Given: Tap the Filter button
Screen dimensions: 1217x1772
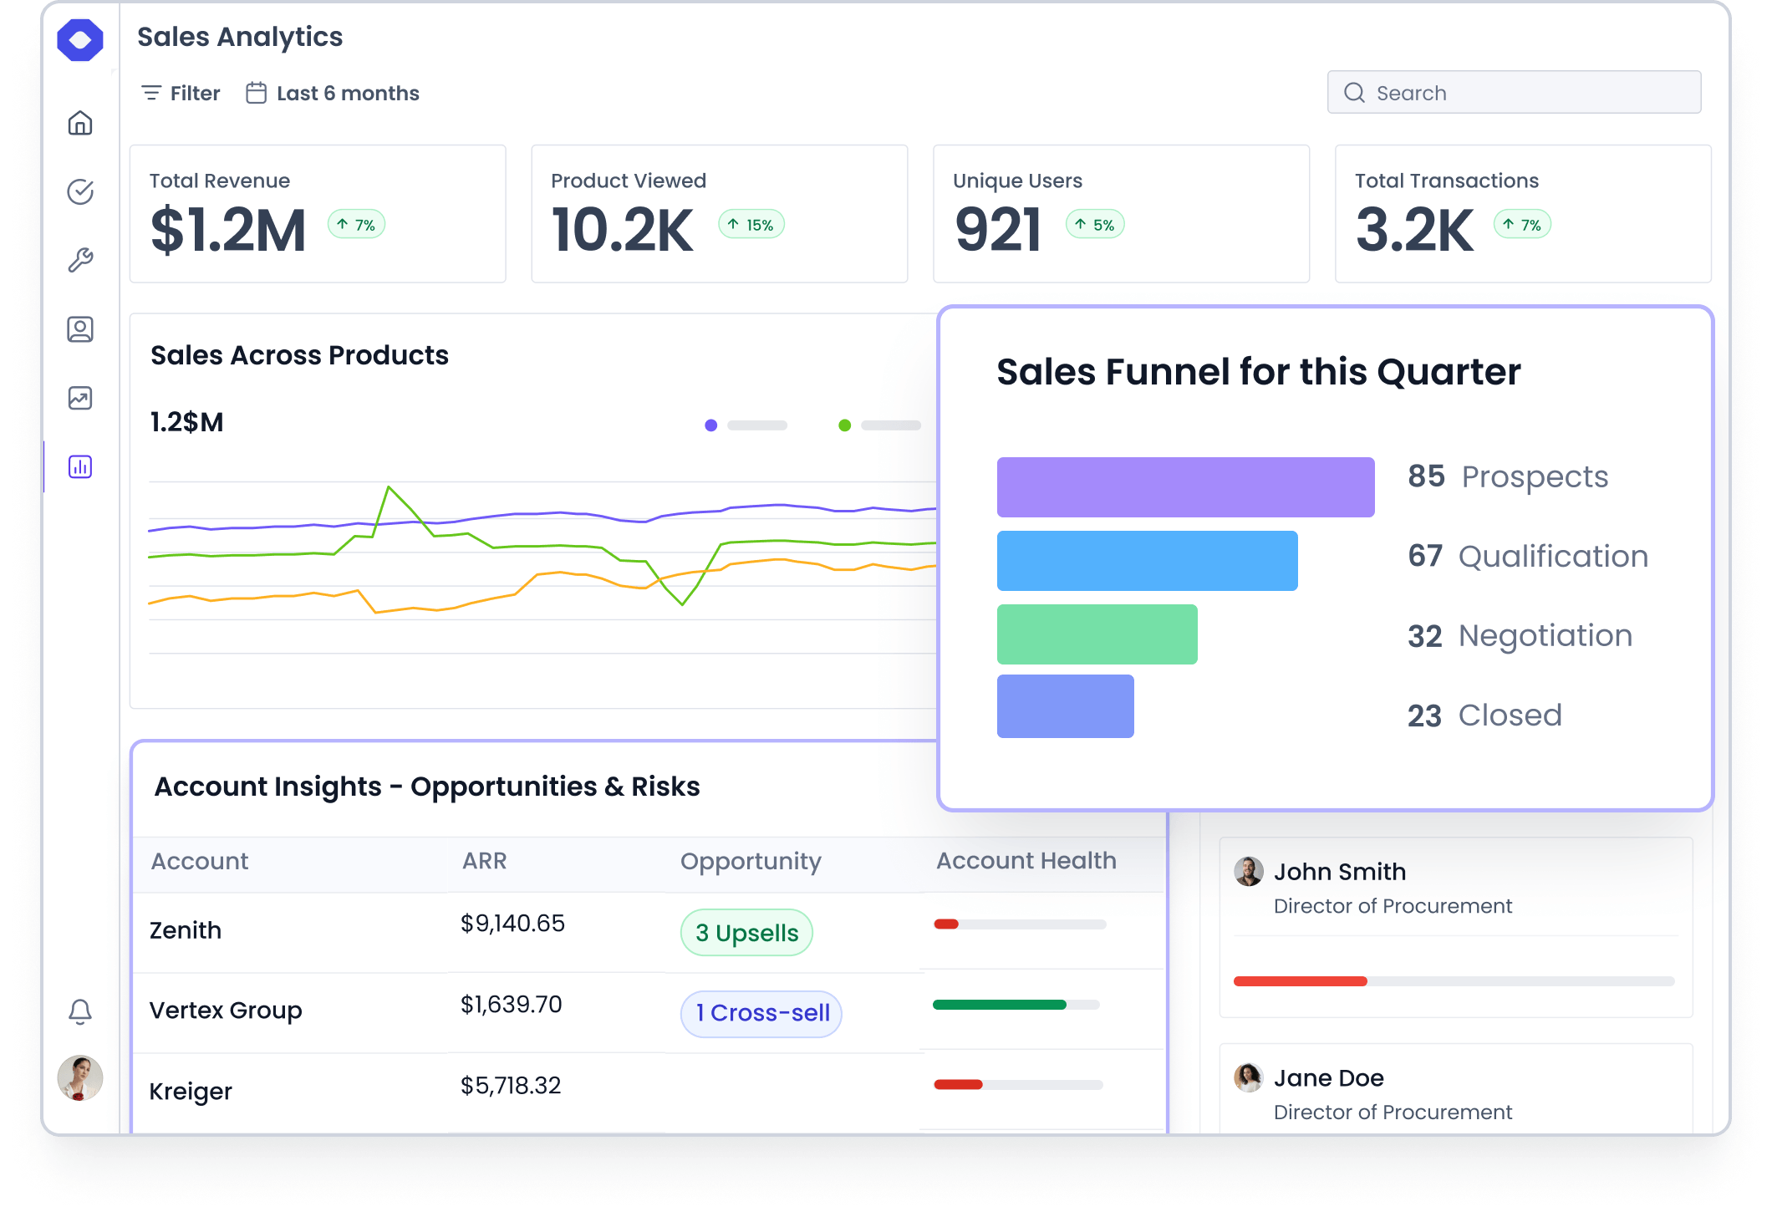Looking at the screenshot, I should pos(181,93).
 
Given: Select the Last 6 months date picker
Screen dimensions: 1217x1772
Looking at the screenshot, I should pos(333,93).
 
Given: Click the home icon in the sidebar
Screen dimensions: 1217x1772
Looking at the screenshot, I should pos(80,124).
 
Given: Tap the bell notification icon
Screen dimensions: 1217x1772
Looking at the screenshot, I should pos(80,1011).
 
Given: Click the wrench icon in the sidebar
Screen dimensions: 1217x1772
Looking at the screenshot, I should pos(80,261).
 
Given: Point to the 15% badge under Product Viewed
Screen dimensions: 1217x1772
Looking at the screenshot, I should pos(751,225).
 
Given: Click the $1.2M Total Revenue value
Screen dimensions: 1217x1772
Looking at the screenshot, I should pos(228,231).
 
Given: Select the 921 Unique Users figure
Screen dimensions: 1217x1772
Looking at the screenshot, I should pos(998,231).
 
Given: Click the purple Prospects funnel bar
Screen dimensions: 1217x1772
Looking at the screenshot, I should pos(1185,487).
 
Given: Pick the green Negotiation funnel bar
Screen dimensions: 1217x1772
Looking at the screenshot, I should pos(1097,634).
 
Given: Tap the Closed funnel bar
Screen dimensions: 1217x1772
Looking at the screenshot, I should pos(1065,706).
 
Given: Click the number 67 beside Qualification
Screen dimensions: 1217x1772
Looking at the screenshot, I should pos(1425,556).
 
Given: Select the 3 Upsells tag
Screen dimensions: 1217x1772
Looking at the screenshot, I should pos(746,933).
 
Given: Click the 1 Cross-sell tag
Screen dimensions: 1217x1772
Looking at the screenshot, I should pos(761,1013).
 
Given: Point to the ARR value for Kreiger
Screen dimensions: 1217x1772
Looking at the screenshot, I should pos(511,1086).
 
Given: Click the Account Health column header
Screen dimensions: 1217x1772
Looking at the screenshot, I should pos(1026,861).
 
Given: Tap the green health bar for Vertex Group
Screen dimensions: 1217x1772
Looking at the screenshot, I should pos(1000,1005).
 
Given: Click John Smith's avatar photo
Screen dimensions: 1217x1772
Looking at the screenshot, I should pos(1249,872).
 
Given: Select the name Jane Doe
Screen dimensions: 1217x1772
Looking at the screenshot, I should pos(1328,1078).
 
